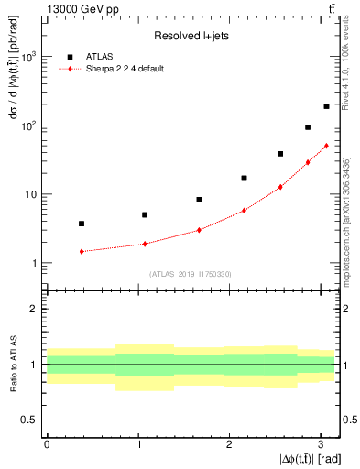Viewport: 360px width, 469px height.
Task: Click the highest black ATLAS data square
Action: pyautogui.click(x=326, y=106)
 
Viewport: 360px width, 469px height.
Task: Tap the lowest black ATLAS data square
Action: pyautogui.click(x=82, y=224)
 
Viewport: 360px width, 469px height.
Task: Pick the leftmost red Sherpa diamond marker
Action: pyautogui.click(x=82, y=251)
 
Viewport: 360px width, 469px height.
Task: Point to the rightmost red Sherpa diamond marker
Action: pyautogui.click(x=326, y=146)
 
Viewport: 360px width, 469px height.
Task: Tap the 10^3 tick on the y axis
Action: pyautogui.click(x=29, y=57)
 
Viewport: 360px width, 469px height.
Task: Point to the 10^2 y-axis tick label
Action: pyautogui.click(x=29, y=125)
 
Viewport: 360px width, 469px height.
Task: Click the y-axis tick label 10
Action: pyautogui.click(x=32, y=194)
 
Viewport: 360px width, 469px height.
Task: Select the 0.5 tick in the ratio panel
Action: pyautogui.click(x=32, y=420)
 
